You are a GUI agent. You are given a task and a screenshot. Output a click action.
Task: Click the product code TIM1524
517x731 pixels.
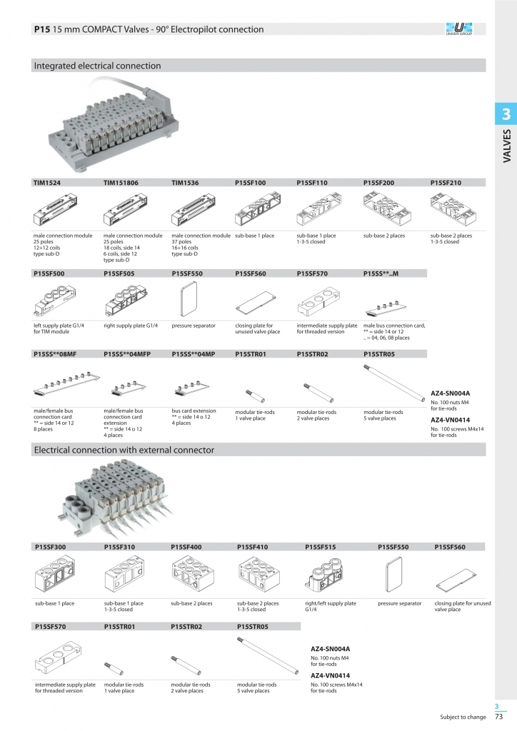[46, 183]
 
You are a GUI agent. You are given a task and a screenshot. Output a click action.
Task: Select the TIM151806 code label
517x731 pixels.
[121, 183]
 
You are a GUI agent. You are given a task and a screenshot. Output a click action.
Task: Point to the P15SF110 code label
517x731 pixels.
[311, 183]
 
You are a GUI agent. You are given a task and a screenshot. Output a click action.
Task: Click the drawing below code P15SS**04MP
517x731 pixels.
[192, 389]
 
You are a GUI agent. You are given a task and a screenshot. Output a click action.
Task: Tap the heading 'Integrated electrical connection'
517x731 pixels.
[97, 66]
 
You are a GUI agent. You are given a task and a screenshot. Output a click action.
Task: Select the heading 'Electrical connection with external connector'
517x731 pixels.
[124, 450]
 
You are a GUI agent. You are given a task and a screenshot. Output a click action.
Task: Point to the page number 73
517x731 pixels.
[499, 717]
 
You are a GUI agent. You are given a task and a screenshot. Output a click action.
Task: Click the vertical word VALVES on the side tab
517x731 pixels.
[506, 146]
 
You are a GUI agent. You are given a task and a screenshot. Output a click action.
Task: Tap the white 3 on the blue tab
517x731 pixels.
[506, 114]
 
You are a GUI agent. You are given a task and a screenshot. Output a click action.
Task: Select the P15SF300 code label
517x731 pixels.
[49, 547]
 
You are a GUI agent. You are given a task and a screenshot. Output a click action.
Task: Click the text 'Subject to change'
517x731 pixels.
[463, 717]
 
